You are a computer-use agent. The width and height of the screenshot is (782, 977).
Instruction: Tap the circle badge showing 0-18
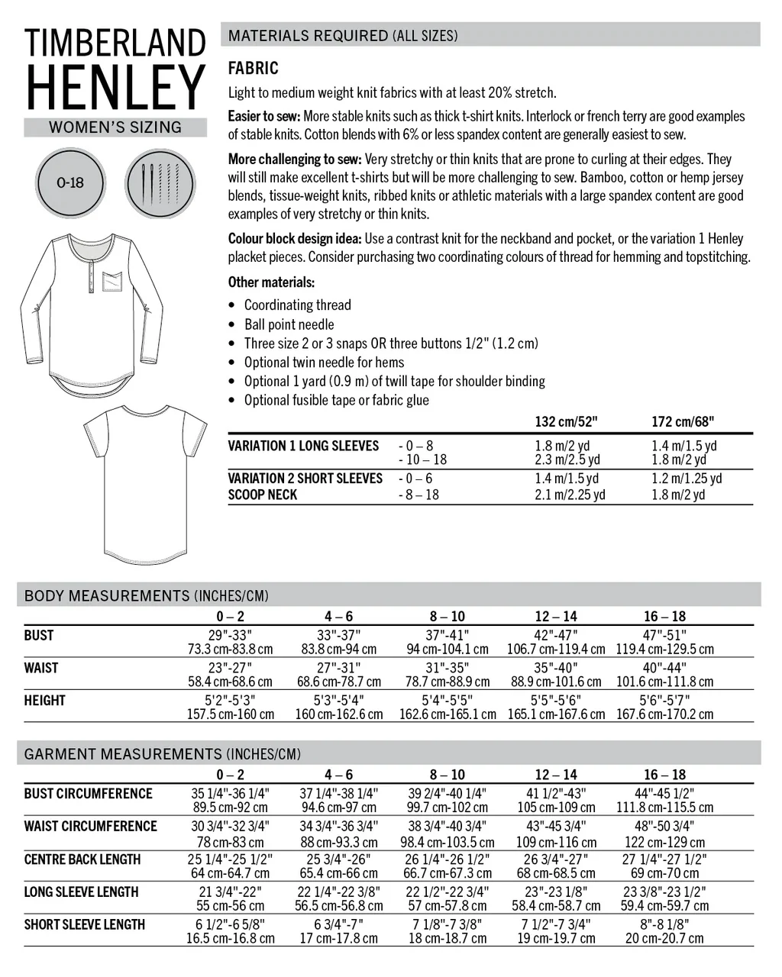[x=69, y=183]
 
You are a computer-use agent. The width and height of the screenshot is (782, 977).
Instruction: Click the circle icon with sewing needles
[x=160, y=183]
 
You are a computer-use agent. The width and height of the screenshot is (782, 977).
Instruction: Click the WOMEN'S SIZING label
[x=115, y=127]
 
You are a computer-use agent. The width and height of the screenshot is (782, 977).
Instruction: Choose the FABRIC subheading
[x=253, y=69]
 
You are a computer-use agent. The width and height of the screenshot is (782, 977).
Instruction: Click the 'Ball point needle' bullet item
[x=289, y=324]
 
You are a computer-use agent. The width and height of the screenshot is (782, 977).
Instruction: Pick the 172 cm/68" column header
[x=683, y=421]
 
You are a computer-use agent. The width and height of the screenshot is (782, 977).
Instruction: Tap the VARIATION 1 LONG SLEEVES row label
[x=303, y=446]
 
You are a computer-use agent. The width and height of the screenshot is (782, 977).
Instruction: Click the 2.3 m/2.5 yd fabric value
[x=567, y=459]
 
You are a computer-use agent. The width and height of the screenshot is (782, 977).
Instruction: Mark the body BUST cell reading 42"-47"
[x=556, y=635]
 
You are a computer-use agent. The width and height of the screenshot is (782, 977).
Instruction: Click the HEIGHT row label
[x=44, y=701]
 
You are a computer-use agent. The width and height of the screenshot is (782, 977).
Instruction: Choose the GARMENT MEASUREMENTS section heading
[x=163, y=754]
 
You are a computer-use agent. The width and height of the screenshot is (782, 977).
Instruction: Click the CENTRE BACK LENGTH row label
[x=82, y=859]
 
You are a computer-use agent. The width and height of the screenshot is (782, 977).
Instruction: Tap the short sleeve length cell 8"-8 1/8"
[x=664, y=924]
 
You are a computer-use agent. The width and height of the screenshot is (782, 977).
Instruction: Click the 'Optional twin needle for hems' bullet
[x=324, y=363]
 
